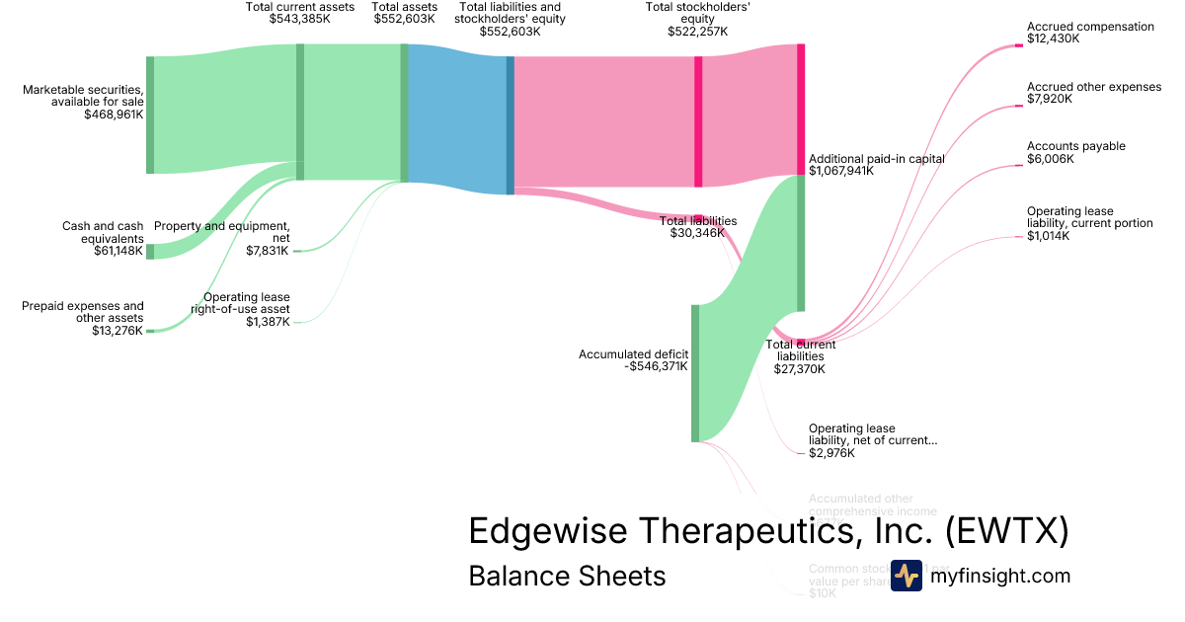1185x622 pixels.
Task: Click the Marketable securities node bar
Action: pos(150,115)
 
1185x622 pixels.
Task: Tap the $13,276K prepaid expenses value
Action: pos(117,330)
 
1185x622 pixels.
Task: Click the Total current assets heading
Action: pos(299,7)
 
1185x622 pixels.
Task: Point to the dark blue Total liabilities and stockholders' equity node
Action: pos(511,124)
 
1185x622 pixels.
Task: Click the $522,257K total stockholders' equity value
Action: pos(697,32)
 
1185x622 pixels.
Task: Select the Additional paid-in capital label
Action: pos(876,158)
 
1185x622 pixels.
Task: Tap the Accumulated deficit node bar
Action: pos(695,373)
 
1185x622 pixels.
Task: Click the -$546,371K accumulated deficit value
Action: pos(656,366)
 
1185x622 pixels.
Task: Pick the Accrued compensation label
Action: pos(1090,27)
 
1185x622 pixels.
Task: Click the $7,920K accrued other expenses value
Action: pos(1050,99)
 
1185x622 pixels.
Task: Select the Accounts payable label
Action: pos(1075,146)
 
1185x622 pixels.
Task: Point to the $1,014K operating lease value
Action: pos(1048,236)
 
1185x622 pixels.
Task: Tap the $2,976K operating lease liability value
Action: pos(830,453)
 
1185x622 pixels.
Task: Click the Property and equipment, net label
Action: pos(222,232)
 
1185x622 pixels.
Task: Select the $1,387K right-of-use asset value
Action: pos(268,322)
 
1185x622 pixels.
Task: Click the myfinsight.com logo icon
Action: pos(906,576)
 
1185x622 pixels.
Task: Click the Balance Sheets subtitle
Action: pos(567,576)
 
